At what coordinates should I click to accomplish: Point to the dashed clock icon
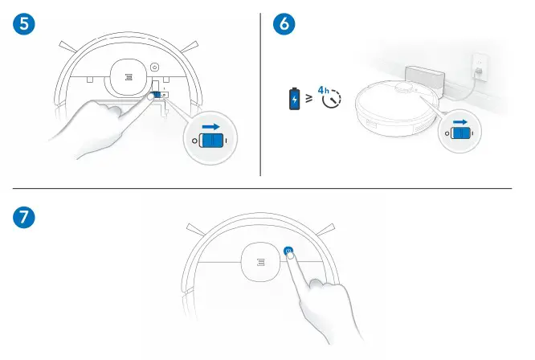(x=329, y=100)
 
